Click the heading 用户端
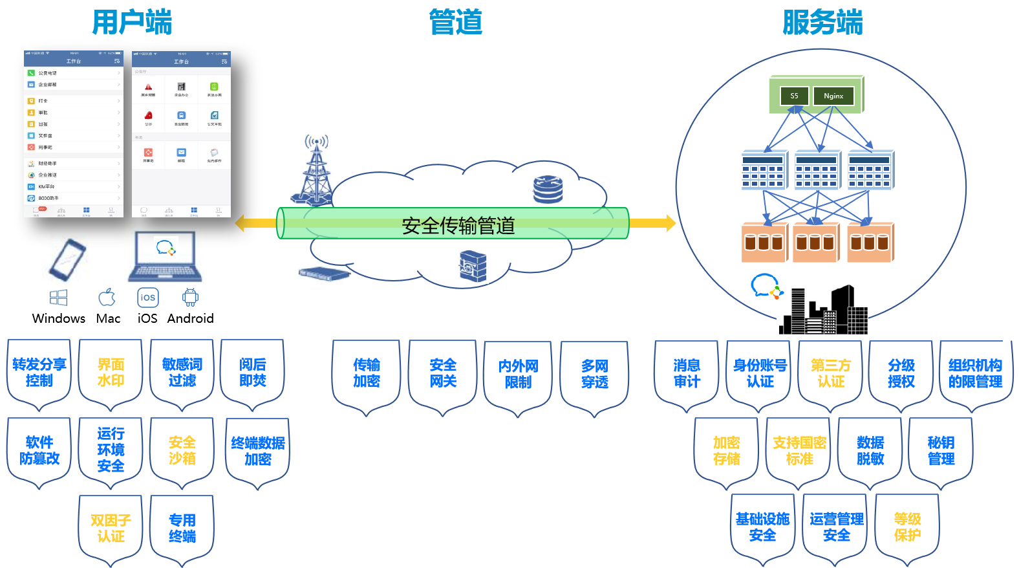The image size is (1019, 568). pyautogui.click(x=132, y=22)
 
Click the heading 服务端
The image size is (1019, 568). pyautogui.click(x=822, y=22)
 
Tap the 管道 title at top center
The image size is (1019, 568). pyautogui.click(x=456, y=22)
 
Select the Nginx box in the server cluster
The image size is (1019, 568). pyautogui.click(x=833, y=96)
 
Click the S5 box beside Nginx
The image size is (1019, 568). pyautogui.click(x=794, y=96)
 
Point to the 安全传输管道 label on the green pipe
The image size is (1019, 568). pyautogui.click(x=458, y=225)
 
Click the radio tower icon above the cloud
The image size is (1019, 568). pyautogui.click(x=316, y=168)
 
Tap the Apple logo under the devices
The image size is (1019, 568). pyautogui.click(x=107, y=298)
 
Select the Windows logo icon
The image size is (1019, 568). pyautogui.click(x=59, y=298)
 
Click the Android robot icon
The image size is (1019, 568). pyautogui.click(x=190, y=298)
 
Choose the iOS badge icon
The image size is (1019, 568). pyautogui.click(x=148, y=298)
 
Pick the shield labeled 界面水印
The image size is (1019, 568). pyautogui.click(x=111, y=373)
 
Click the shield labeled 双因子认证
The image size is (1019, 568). pyautogui.click(x=111, y=529)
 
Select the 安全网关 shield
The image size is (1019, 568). pyautogui.click(x=443, y=374)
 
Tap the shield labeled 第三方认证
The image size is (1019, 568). pyautogui.click(x=831, y=374)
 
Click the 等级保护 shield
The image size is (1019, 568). pyautogui.click(x=907, y=527)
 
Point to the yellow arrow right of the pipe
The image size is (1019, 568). pyautogui.click(x=652, y=223)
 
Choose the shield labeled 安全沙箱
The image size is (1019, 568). pyautogui.click(x=182, y=451)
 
